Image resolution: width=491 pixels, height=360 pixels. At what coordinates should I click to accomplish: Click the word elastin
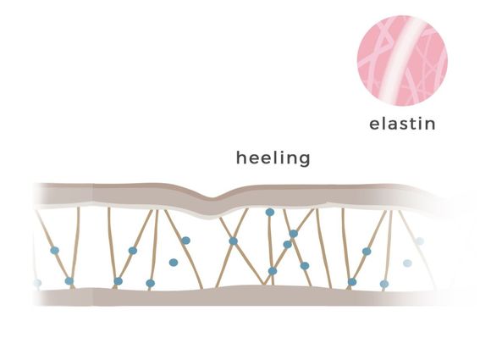click(402, 124)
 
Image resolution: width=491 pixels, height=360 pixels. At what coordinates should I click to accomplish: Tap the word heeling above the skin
click(273, 158)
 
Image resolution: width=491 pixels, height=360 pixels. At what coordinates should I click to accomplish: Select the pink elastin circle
click(402, 60)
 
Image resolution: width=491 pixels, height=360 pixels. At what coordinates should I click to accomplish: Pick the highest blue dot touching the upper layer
click(269, 213)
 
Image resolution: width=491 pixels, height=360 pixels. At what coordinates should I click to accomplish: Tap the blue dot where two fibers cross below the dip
click(234, 241)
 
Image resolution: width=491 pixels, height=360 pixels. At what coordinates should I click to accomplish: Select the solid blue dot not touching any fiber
click(174, 263)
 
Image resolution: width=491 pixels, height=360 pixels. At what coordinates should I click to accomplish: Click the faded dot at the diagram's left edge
click(37, 283)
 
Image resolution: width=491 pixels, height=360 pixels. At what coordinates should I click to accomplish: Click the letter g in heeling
click(305, 160)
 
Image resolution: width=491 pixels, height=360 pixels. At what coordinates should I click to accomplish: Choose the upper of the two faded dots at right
click(420, 241)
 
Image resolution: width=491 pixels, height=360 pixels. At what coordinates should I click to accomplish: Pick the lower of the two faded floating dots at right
click(407, 263)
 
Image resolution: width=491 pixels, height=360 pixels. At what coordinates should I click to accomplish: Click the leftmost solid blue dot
click(55, 251)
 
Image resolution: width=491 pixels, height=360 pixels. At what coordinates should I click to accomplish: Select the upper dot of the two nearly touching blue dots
click(294, 234)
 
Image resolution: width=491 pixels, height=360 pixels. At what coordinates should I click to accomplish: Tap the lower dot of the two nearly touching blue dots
click(287, 245)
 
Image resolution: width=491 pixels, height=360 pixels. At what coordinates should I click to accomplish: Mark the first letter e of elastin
click(374, 125)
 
